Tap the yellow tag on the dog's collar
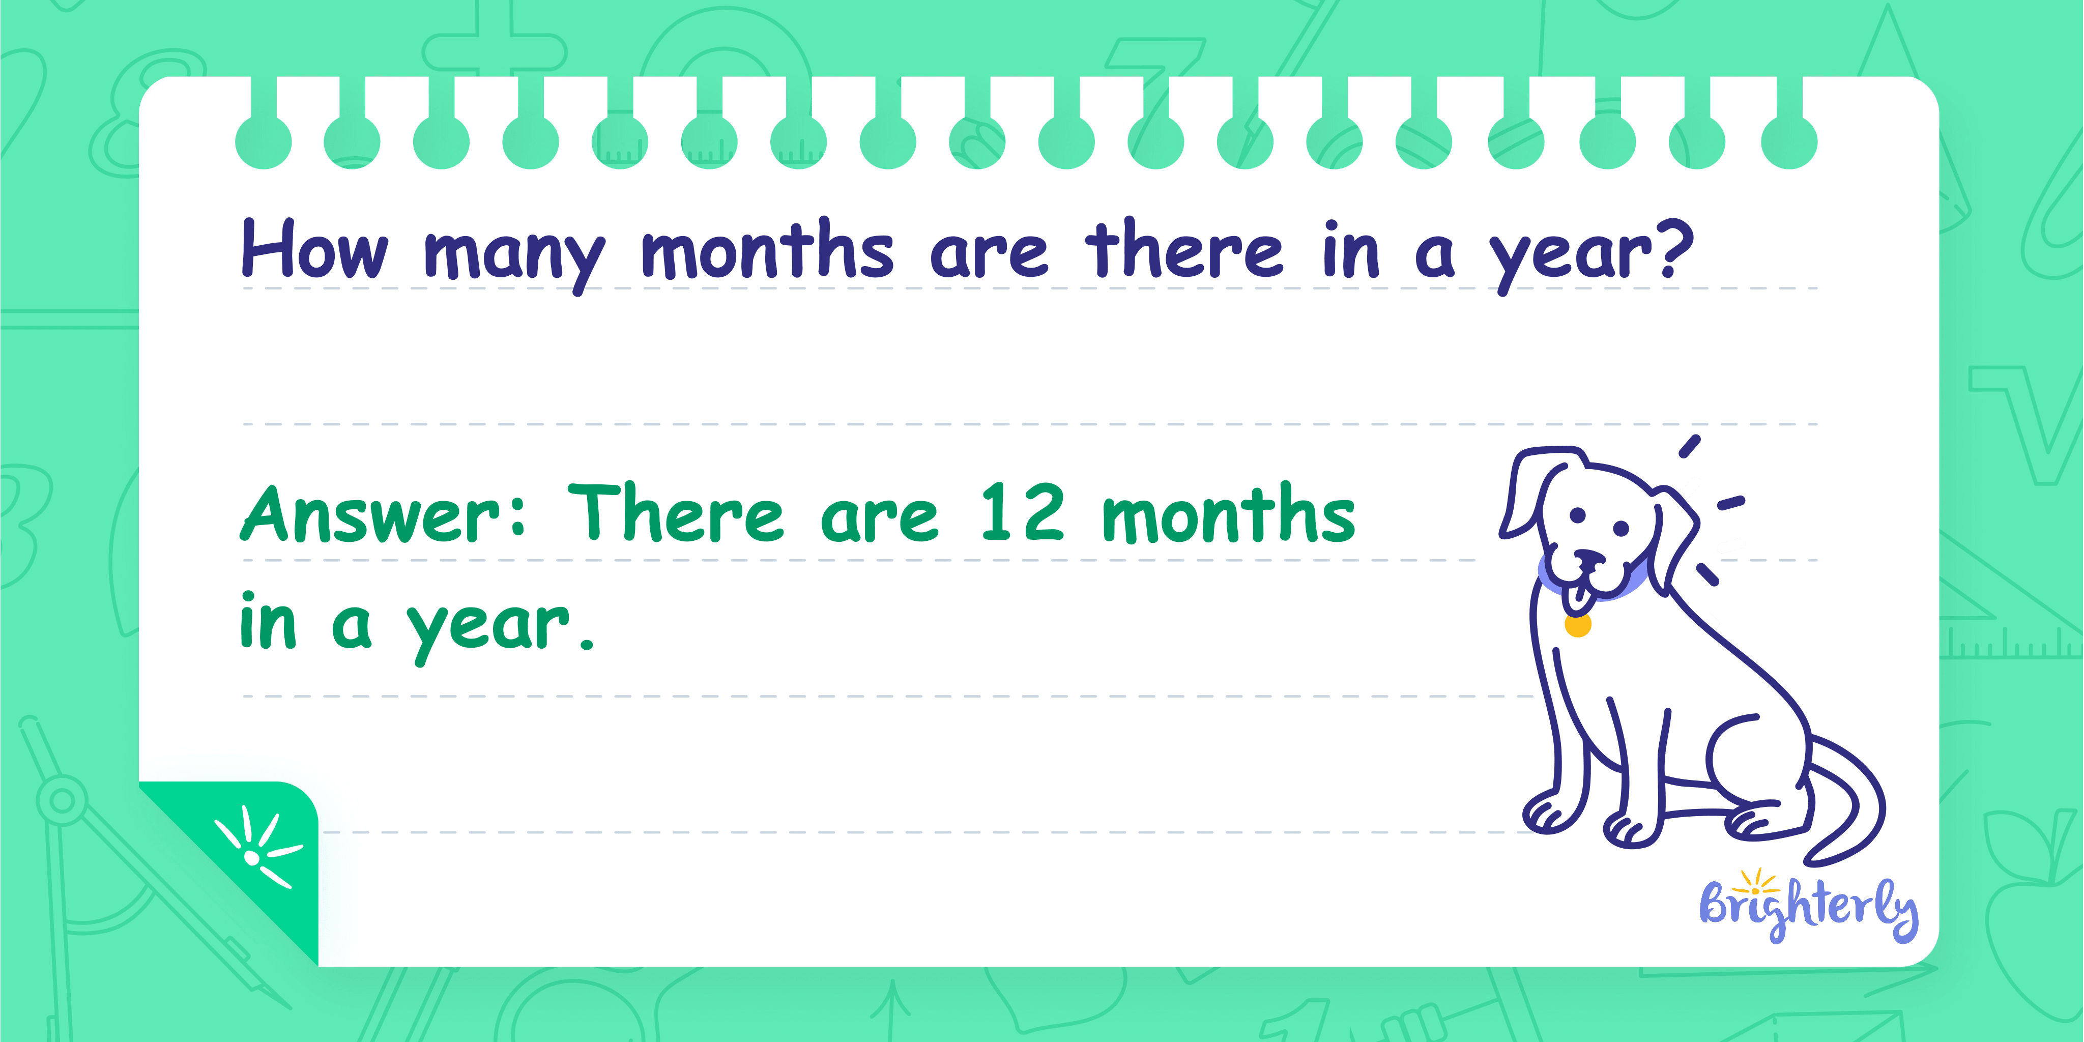click(x=1578, y=625)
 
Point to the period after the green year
click(x=587, y=645)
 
